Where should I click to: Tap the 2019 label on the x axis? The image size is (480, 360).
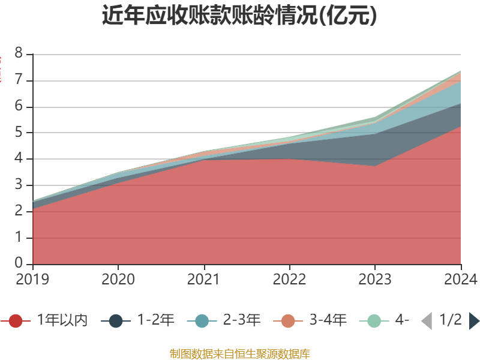[x=32, y=279]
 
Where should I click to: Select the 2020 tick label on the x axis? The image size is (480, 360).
[x=118, y=279]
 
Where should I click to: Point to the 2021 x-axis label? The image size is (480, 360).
[x=204, y=279]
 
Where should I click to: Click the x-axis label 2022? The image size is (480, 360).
[x=289, y=279]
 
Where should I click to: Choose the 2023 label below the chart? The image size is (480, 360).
[x=375, y=279]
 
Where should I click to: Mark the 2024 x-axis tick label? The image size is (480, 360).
[x=460, y=279]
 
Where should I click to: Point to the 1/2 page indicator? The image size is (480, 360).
[x=450, y=320]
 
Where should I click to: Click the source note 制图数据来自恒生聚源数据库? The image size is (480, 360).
[x=239, y=353]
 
